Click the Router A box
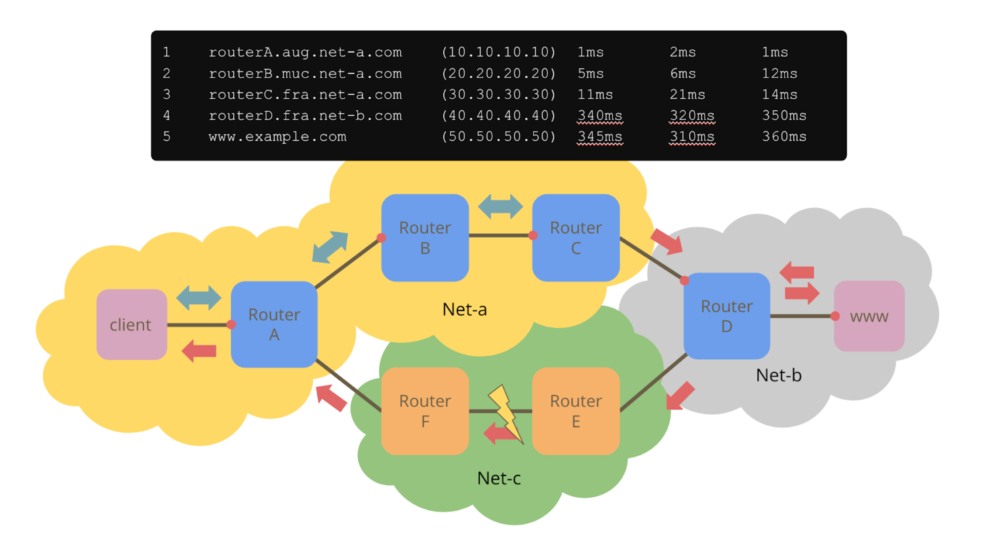(x=274, y=324)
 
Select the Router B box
(x=425, y=238)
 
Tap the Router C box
(x=576, y=238)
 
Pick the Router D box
(x=726, y=316)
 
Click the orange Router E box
(x=576, y=411)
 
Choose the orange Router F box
(x=425, y=411)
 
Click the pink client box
(x=131, y=324)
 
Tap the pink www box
(x=869, y=316)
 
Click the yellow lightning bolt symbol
(x=506, y=412)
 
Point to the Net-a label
(x=464, y=309)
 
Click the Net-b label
(x=778, y=375)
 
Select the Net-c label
(x=499, y=478)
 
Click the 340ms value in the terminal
(x=600, y=116)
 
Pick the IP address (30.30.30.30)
(x=498, y=94)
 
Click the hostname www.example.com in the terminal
(x=277, y=136)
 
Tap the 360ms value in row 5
(x=784, y=136)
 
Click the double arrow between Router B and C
(x=501, y=206)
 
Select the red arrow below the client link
(x=199, y=351)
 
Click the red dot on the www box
(x=835, y=316)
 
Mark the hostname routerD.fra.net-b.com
(x=305, y=116)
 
